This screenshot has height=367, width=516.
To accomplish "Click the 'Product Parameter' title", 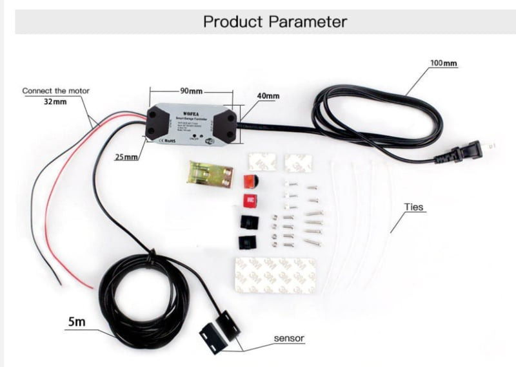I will (275, 21).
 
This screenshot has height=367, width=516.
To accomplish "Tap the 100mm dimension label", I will (443, 63).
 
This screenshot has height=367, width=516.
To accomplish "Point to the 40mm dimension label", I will (268, 96).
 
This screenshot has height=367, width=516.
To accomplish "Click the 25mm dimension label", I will (126, 157).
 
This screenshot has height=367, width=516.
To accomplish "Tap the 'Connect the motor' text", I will (55, 91).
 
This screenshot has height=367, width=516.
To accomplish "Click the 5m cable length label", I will (75, 321).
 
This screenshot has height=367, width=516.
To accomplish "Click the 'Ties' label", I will (413, 207).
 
